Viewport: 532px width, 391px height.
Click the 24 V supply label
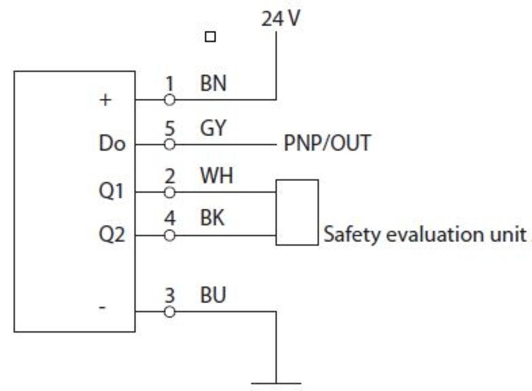[281, 18]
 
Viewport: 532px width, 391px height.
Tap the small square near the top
[210, 37]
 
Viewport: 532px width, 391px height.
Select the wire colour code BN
[213, 83]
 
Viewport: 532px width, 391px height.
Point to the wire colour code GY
[213, 128]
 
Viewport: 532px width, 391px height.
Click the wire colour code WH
[216, 176]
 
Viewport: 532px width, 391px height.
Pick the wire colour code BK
[212, 218]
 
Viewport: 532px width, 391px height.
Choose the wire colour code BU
[213, 295]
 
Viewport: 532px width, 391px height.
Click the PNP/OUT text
[327, 143]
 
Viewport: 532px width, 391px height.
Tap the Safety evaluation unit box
[297, 212]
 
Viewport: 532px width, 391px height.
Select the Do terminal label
[112, 144]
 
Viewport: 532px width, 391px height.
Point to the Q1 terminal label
[111, 191]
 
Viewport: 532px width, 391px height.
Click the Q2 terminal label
[112, 234]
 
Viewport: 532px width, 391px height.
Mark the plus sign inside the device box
[105, 100]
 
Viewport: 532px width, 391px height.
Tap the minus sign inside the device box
[102, 307]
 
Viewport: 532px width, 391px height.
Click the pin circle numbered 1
[170, 100]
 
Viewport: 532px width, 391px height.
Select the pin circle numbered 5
[170, 145]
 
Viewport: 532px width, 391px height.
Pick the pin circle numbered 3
[170, 312]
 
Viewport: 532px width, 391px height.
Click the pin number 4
[170, 218]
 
